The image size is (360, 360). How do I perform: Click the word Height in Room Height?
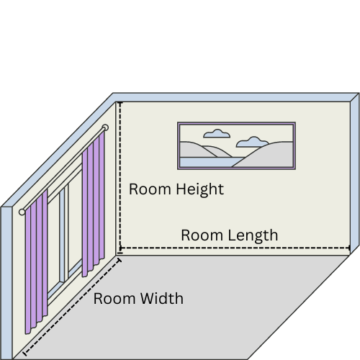tap(200, 189)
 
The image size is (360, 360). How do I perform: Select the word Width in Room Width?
tap(162, 299)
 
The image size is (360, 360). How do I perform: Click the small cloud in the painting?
tap(217, 134)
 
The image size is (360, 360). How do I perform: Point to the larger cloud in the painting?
tap(252, 142)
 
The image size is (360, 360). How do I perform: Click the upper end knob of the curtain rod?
tap(105, 127)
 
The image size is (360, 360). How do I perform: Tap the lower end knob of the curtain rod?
tap(22, 212)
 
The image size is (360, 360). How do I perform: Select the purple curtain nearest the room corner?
tap(93, 204)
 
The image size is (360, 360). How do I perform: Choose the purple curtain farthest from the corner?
tap(36, 261)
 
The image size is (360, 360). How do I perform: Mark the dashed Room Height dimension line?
tap(120, 178)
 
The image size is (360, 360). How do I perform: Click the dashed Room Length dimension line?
tap(235, 248)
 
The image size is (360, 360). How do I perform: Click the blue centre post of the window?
tap(62, 236)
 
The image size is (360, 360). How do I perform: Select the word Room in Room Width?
tap(114, 299)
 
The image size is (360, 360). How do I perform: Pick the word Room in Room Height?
tap(150, 189)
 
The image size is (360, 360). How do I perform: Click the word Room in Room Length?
tap(202, 235)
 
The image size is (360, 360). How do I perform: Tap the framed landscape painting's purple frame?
tap(236, 123)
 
